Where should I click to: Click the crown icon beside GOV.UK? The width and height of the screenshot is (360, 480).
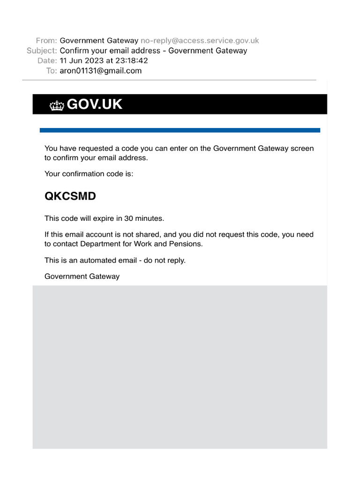pyautogui.click(x=57, y=105)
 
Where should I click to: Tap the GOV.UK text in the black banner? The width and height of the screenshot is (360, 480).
pyautogui.click(x=95, y=105)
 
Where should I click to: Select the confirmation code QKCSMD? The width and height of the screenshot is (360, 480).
pyautogui.click(x=70, y=196)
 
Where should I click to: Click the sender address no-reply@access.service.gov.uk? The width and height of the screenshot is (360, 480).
pyautogui.click(x=200, y=41)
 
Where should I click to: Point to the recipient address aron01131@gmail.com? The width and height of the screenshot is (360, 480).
pyautogui.click(x=101, y=71)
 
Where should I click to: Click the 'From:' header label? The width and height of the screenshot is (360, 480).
pyautogui.click(x=46, y=41)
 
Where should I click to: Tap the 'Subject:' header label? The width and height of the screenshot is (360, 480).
pyautogui.click(x=42, y=51)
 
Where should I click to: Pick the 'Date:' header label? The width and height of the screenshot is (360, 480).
pyautogui.click(x=47, y=61)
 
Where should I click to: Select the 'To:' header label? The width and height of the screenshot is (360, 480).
pyautogui.click(x=52, y=71)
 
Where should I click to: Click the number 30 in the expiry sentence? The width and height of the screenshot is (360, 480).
pyautogui.click(x=128, y=218)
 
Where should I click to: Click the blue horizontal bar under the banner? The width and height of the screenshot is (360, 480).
pyautogui.click(x=180, y=130)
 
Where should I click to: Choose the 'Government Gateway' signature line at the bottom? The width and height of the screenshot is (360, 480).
pyautogui.click(x=82, y=277)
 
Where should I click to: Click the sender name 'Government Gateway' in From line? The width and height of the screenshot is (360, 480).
pyautogui.click(x=99, y=41)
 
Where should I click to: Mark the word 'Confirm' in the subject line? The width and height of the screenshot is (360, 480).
pyautogui.click(x=74, y=51)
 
